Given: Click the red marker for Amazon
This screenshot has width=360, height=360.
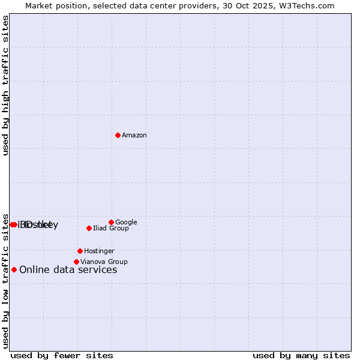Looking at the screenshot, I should pyautogui.click(x=118, y=135).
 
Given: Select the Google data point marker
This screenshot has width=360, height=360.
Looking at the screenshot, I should pyautogui.click(x=111, y=222).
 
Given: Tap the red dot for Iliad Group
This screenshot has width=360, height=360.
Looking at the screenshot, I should pyautogui.click(x=89, y=228).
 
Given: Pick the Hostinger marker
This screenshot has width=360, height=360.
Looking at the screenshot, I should pyautogui.click(x=80, y=251).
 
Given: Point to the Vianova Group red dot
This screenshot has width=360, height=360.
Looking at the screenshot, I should pyautogui.click(x=76, y=262).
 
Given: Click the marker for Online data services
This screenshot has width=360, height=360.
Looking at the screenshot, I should pyautogui.click(x=14, y=269).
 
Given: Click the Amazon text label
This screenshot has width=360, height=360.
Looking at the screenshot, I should pyautogui.click(x=134, y=135).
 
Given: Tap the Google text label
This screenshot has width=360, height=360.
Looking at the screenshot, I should pyautogui.click(x=126, y=222).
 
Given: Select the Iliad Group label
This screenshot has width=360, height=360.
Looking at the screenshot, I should pyautogui.click(x=111, y=228).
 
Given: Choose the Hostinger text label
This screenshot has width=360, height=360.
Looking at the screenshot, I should pyautogui.click(x=99, y=251).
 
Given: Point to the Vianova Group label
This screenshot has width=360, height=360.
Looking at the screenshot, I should pyautogui.click(x=104, y=262).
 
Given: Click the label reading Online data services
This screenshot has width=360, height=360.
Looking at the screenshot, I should pyautogui.click(x=68, y=269).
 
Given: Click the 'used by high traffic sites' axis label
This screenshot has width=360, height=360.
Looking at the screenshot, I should pyautogui.click(x=5, y=85).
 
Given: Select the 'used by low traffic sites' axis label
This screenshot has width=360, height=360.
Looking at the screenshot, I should pyautogui.click(x=5, y=280).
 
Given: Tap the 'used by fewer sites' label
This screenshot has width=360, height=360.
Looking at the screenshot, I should pyautogui.click(x=62, y=355).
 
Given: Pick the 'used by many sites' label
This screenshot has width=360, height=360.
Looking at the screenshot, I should pyautogui.click(x=301, y=355).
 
